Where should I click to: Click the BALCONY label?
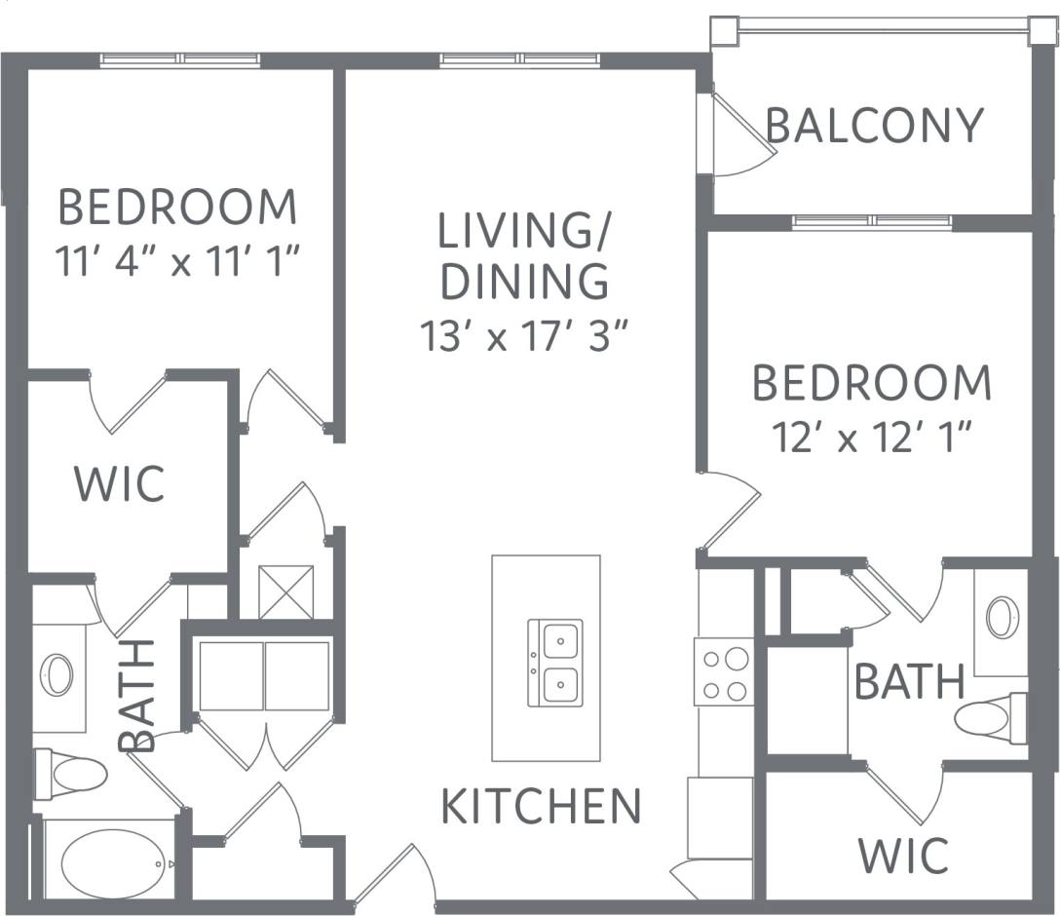tap(874, 126)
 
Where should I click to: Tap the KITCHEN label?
tap(541, 806)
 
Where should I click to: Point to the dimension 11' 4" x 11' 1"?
tap(177, 262)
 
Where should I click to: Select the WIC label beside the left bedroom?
tap(120, 483)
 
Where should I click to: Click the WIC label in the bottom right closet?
tap(903, 855)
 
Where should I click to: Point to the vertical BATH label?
tap(137, 695)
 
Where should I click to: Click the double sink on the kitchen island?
tap(554, 663)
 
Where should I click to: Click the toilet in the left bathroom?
tap(71, 775)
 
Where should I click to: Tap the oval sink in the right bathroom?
tap(1003, 618)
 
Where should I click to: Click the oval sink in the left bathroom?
tap(57, 675)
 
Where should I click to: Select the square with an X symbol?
tap(285, 592)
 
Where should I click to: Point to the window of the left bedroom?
tap(180, 60)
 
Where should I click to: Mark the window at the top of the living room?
tap(519, 60)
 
